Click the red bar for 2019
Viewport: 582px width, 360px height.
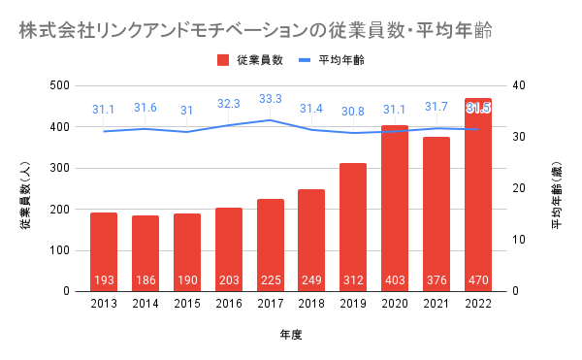[x=353, y=227]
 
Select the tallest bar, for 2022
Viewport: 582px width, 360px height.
[x=478, y=195]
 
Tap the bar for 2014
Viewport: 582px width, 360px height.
[x=145, y=253]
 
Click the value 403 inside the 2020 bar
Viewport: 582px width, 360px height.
[x=395, y=279]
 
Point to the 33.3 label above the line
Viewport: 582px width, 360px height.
[x=271, y=99]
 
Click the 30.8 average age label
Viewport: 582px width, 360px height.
[x=353, y=112]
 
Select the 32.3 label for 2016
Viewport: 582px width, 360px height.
[x=229, y=104]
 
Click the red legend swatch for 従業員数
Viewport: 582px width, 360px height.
[x=223, y=60]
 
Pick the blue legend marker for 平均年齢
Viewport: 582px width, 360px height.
[x=305, y=60]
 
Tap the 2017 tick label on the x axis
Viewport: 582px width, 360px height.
[x=271, y=304]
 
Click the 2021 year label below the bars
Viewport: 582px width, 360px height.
[x=436, y=304]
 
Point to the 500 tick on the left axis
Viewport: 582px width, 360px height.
[x=60, y=85]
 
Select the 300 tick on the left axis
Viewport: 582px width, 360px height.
[x=60, y=168]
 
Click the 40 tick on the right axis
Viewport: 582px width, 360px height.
[x=519, y=85]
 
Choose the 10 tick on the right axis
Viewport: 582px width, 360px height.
[x=519, y=240]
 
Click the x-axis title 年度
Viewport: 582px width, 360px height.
[x=291, y=335]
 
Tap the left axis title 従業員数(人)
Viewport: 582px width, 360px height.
[x=25, y=195]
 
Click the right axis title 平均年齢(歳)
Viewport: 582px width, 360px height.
[x=557, y=195]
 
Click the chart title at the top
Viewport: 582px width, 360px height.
[x=256, y=30]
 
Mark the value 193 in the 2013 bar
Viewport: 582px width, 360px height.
[x=104, y=279]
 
